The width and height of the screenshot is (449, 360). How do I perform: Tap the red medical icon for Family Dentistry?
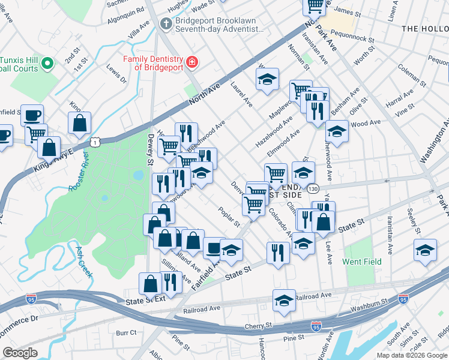191,62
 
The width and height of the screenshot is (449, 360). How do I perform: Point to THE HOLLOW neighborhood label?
424,28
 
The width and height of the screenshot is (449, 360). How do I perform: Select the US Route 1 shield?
95,142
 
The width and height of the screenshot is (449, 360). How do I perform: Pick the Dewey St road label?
149,151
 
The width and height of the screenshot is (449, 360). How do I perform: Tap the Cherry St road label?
259,326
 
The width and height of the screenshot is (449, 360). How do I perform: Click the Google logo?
20,353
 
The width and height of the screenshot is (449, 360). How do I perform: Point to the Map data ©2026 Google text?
412,355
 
